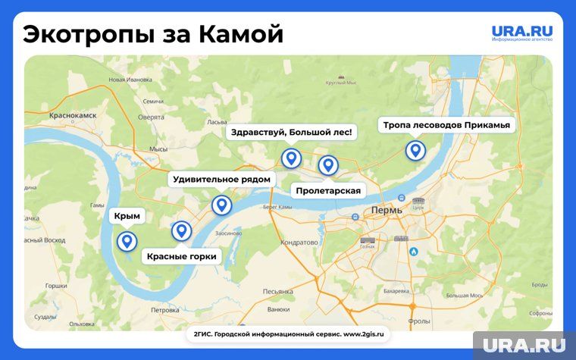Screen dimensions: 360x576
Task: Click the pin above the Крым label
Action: coord(127,242)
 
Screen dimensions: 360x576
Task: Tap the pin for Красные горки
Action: coord(181,230)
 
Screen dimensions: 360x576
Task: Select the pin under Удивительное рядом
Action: coord(221,205)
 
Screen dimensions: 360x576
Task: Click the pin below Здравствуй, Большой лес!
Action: coord(290,158)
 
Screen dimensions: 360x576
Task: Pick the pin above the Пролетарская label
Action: coord(327,164)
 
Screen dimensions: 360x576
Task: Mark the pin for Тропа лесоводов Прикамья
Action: coord(415,150)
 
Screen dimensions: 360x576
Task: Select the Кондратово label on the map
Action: coord(299,243)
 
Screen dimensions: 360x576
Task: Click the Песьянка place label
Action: coord(278,291)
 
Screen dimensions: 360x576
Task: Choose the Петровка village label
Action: coord(164,310)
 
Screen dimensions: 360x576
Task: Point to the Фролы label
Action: coord(418,321)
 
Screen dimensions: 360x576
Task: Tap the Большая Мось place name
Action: coord(465,295)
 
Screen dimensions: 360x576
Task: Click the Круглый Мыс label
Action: coord(342,83)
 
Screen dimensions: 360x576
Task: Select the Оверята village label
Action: coord(151,117)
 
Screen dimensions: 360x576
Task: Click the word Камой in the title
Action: coord(240,34)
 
